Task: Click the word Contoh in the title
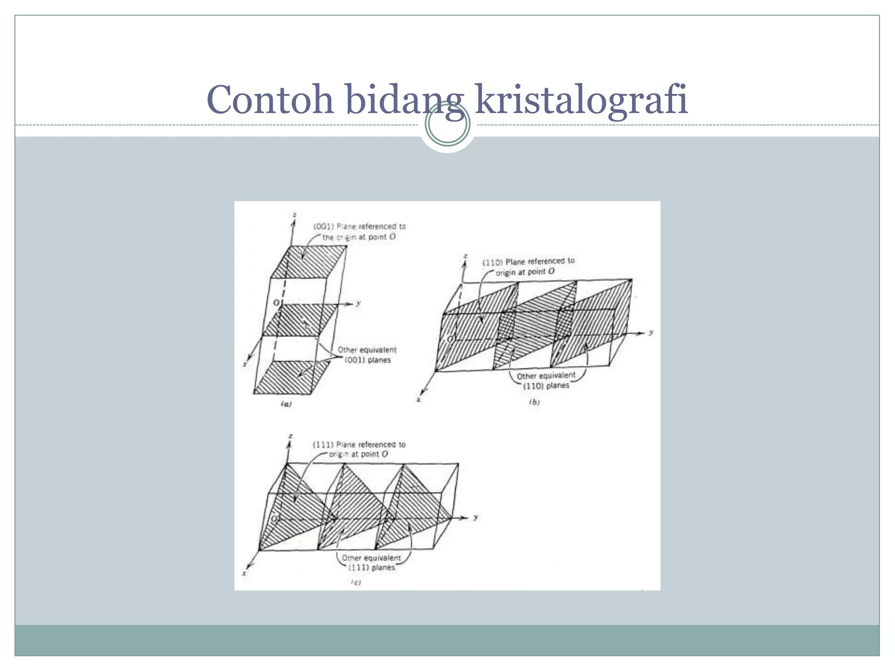270,100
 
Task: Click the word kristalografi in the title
581,100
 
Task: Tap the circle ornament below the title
447,124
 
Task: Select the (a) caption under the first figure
286,404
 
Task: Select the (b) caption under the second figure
534,402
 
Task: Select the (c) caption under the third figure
356,582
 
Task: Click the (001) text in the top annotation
323,226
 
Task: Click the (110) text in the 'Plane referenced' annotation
492,263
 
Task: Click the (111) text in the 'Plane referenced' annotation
323,445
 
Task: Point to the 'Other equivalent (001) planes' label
367,355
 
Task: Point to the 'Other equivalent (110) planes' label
546,380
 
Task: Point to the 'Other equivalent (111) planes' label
371,563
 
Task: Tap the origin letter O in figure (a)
276,303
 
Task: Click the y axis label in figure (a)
358,303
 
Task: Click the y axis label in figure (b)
651,332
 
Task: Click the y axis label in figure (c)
476,517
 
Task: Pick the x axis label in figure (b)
419,400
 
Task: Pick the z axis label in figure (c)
291,436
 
